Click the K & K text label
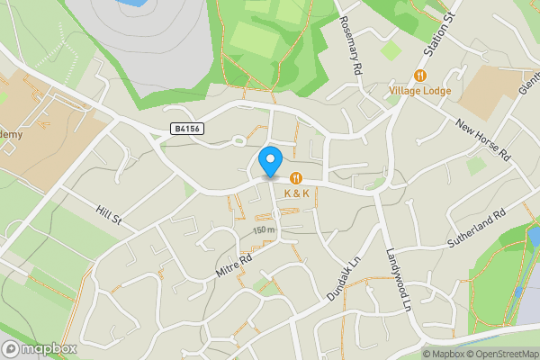[x=297, y=193]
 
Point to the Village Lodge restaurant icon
[x=419, y=75]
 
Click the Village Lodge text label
[x=419, y=90]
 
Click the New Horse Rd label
[x=482, y=139]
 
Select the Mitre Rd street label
[x=234, y=263]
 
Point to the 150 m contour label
[x=264, y=230]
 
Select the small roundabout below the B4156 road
[x=239, y=140]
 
